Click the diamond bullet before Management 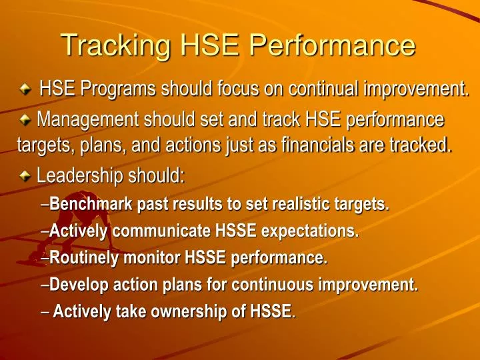point(25,121)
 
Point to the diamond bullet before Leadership point(25,177)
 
